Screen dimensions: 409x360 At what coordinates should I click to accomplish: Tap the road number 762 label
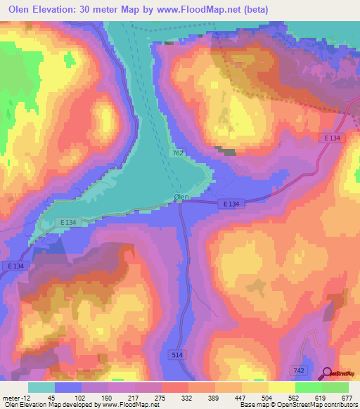point(179,152)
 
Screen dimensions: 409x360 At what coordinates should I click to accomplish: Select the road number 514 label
point(177,356)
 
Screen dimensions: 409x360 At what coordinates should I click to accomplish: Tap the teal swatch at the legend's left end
point(41,387)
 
